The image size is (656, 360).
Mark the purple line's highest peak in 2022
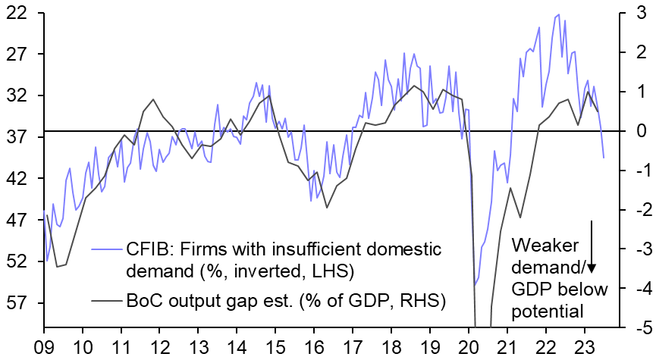pyautogui.click(x=558, y=14)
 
